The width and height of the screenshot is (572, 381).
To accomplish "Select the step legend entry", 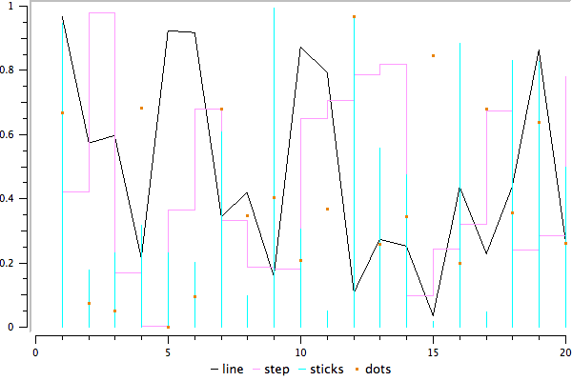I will (x=295, y=368).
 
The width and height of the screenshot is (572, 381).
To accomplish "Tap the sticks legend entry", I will (x=347, y=368).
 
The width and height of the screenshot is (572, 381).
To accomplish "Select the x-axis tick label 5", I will (x=168, y=351).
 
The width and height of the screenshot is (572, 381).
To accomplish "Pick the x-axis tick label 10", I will (x=300, y=351).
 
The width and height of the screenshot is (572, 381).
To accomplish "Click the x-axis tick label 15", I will (x=433, y=351).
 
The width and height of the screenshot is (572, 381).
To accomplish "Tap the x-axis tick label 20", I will (x=564, y=351).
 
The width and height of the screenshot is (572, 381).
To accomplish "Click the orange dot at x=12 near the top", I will (x=354, y=17).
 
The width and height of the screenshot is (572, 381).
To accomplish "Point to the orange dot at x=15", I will (x=433, y=56).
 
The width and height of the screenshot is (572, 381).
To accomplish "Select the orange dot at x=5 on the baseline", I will (x=168, y=327).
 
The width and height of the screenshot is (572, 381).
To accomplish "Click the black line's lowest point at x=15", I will (x=433, y=315).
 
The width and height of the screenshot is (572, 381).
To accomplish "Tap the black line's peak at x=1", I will (x=62, y=16).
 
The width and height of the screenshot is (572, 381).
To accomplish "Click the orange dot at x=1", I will (x=62, y=112).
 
